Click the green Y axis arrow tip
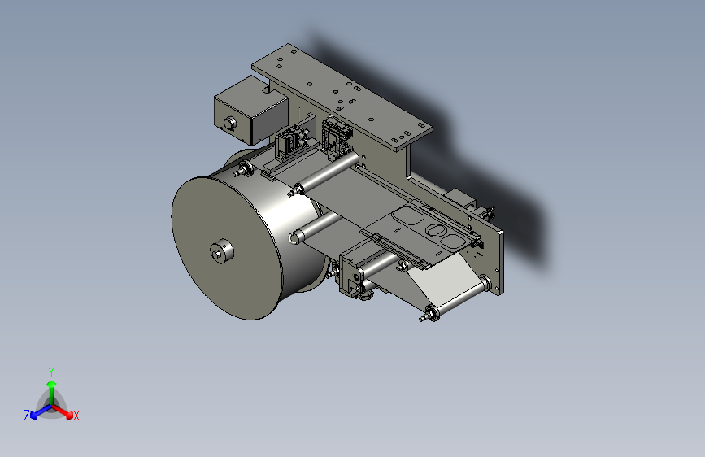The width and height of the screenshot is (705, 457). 52,384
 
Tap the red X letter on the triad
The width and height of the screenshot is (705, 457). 76,416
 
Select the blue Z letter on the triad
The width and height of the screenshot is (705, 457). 27,416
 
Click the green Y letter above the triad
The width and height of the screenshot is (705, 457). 51,372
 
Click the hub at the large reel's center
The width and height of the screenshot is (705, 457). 222,250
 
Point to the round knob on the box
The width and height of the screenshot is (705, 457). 229,122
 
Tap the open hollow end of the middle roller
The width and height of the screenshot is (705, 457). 295,237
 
